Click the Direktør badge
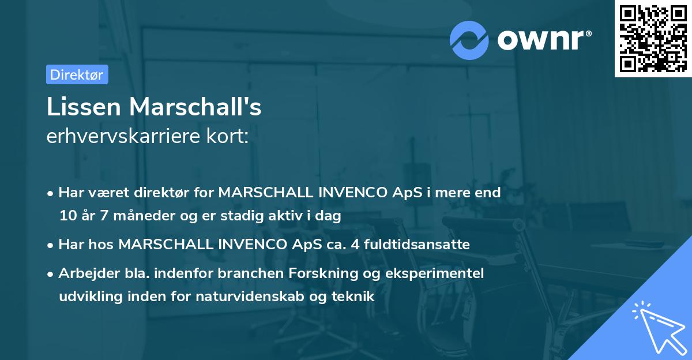coord(77,74)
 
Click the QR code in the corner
coord(653,38)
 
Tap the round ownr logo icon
coord(469,40)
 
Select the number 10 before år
coord(66,216)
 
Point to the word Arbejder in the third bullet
coord(83,273)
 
